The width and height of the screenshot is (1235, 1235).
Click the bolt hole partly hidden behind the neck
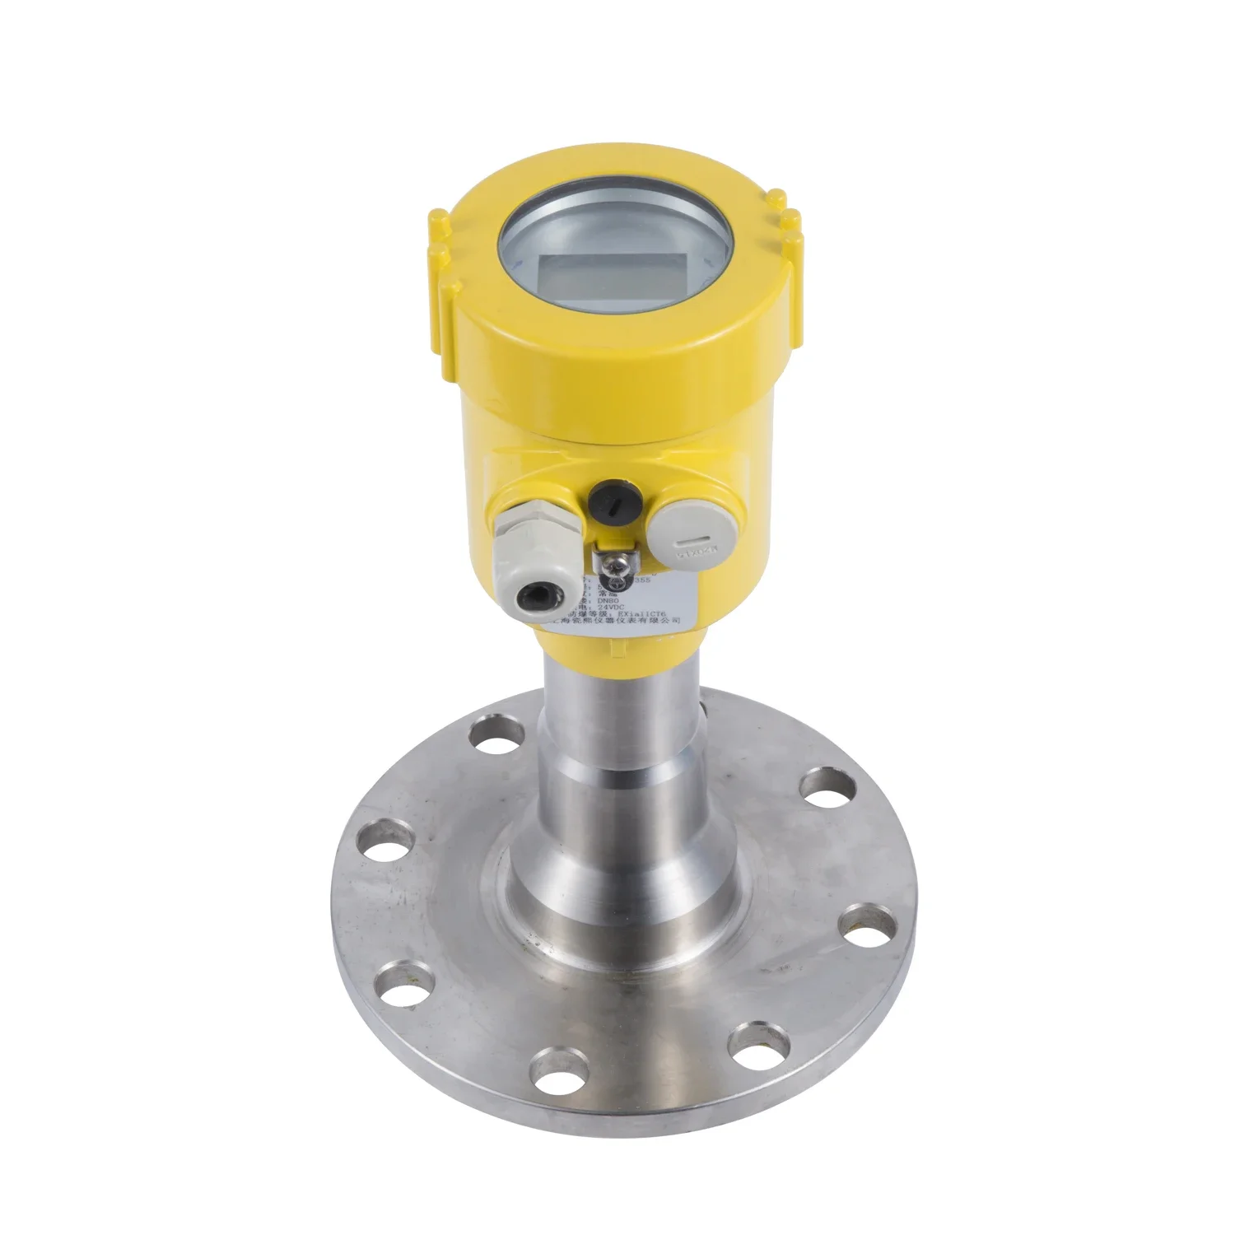(704, 708)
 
